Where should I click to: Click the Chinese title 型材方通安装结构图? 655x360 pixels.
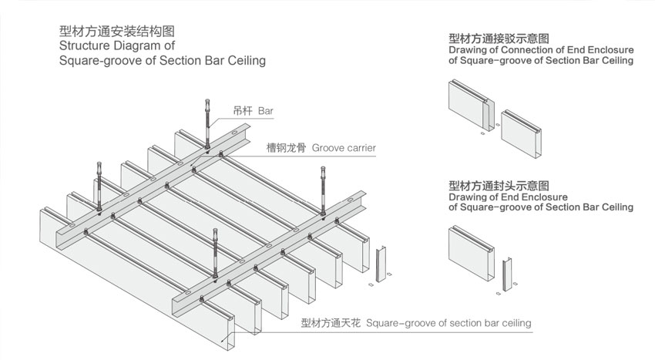(x=116, y=32)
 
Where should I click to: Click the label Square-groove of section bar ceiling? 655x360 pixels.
(x=449, y=322)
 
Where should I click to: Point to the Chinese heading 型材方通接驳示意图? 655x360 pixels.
(x=498, y=38)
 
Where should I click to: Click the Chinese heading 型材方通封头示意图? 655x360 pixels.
(x=498, y=186)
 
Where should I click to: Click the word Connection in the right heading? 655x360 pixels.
(x=520, y=50)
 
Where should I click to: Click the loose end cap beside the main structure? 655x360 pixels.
(x=380, y=264)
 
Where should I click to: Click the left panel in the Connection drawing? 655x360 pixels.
(x=467, y=104)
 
